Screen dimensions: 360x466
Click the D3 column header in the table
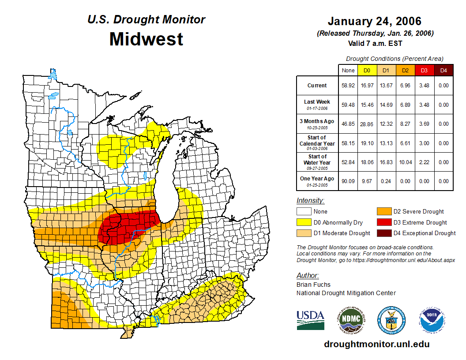click(x=424, y=71)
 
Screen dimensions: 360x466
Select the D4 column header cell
click(x=443, y=71)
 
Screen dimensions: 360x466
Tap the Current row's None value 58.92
click(x=348, y=86)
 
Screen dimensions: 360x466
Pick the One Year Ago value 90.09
click(x=348, y=181)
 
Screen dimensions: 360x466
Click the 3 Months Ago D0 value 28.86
click(x=367, y=124)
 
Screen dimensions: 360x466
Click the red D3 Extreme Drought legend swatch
click(x=383, y=222)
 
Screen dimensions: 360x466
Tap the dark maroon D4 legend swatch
click(x=383, y=233)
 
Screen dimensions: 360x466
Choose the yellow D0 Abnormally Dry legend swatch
click(x=304, y=222)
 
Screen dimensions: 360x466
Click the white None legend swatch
click(x=304, y=212)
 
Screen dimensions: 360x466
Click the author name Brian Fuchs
click(x=313, y=285)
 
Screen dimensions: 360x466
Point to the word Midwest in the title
click(x=146, y=39)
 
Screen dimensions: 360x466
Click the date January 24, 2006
click(x=374, y=21)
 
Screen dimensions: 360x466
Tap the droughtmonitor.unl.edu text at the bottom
click(x=376, y=344)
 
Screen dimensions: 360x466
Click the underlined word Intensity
click(x=310, y=201)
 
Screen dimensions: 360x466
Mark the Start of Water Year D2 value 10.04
click(x=405, y=162)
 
